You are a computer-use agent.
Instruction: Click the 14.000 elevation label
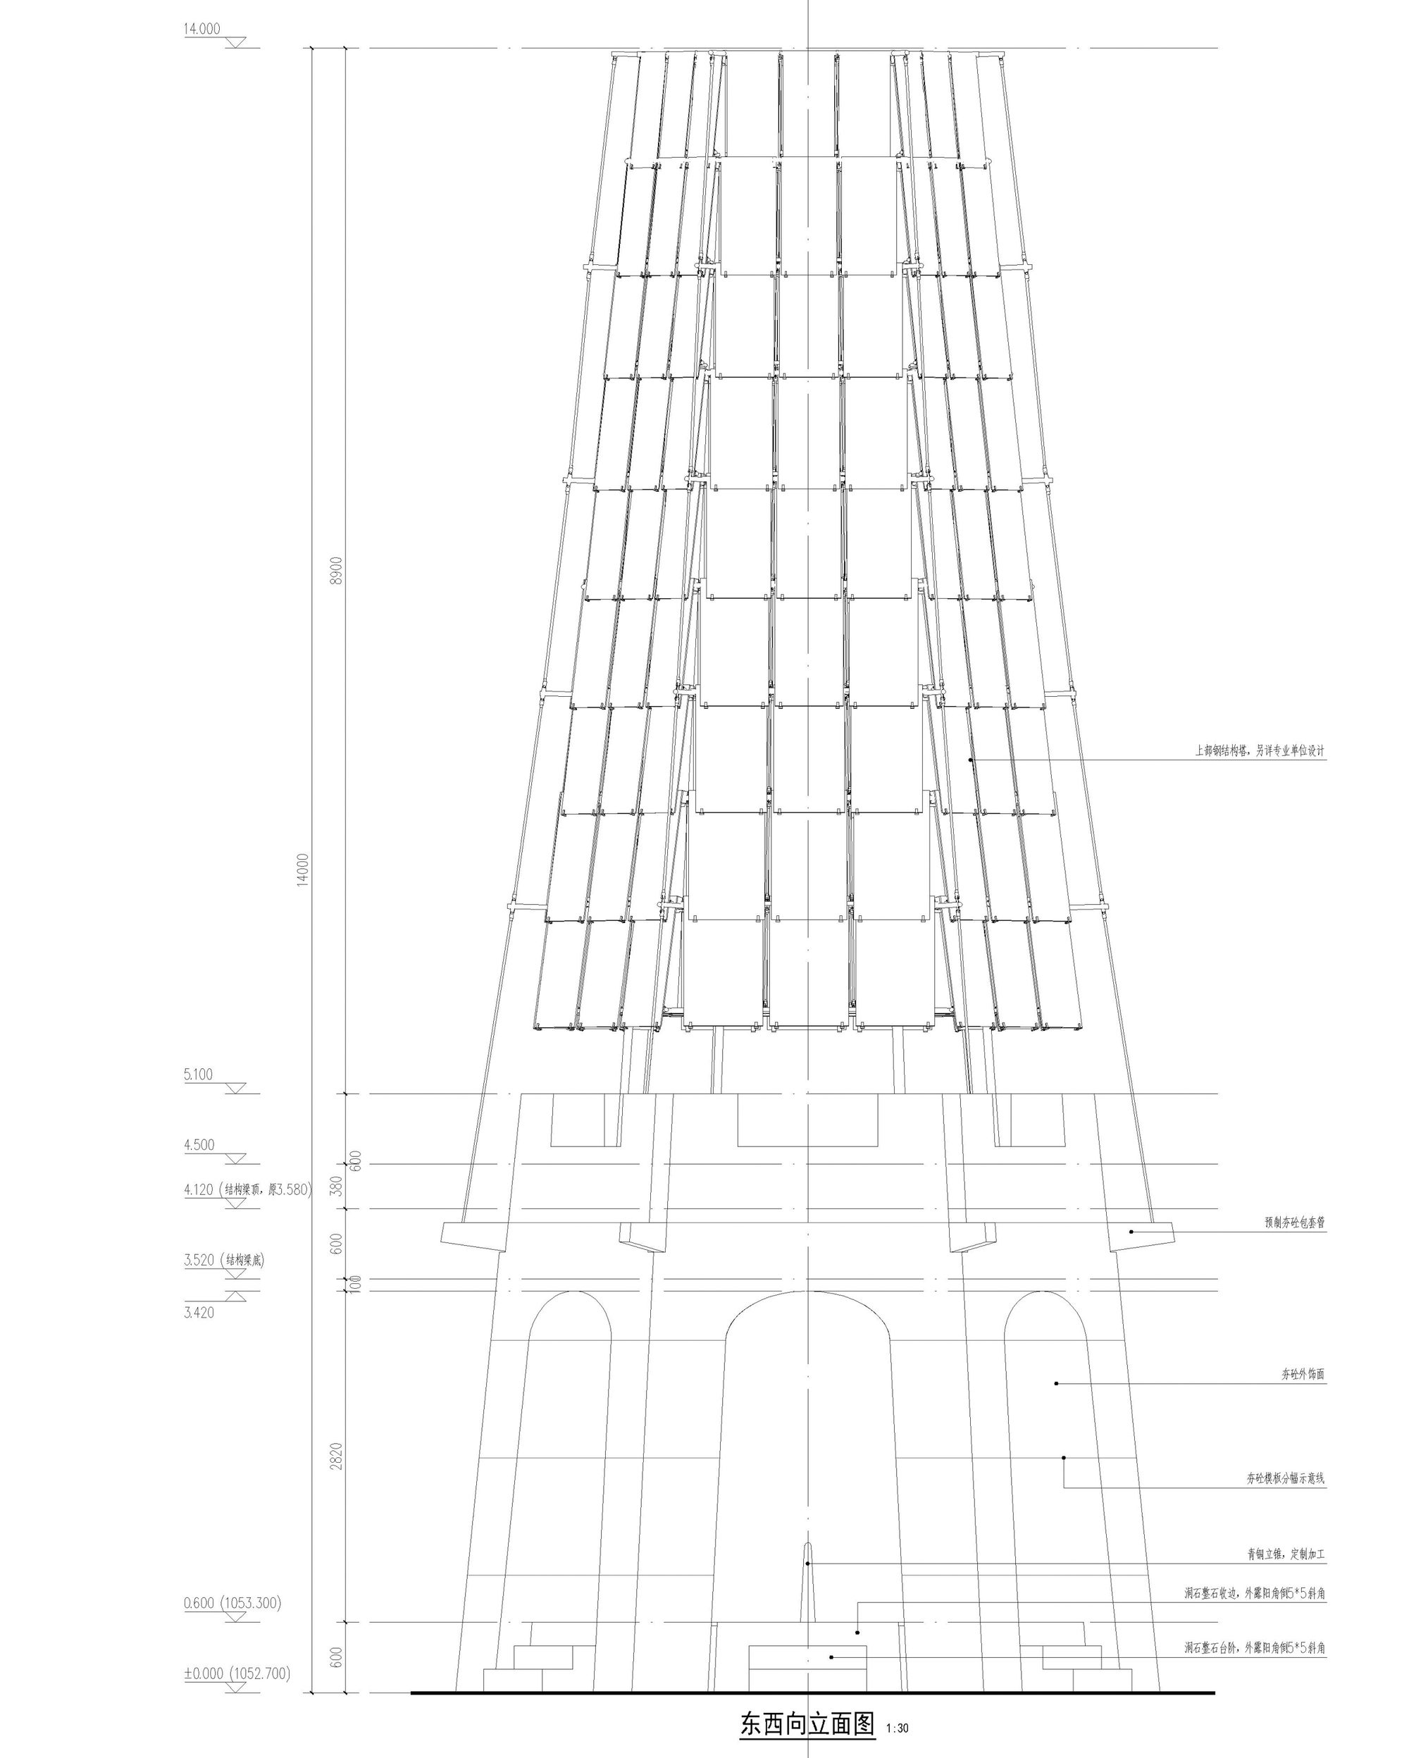point(201,30)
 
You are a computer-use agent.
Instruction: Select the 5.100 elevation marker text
point(198,1074)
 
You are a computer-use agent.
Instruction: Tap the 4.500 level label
point(199,1145)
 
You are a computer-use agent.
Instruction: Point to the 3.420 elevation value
point(199,1312)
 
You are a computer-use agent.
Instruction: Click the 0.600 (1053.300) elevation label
point(232,1603)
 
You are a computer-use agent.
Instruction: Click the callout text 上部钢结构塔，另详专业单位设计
point(1260,751)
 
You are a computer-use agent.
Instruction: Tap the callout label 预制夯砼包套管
point(1294,1222)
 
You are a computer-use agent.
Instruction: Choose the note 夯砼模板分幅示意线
point(1285,1478)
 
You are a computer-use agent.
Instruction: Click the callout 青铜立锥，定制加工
point(1285,1554)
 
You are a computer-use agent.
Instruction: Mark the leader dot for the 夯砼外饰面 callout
point(1056,1383)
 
